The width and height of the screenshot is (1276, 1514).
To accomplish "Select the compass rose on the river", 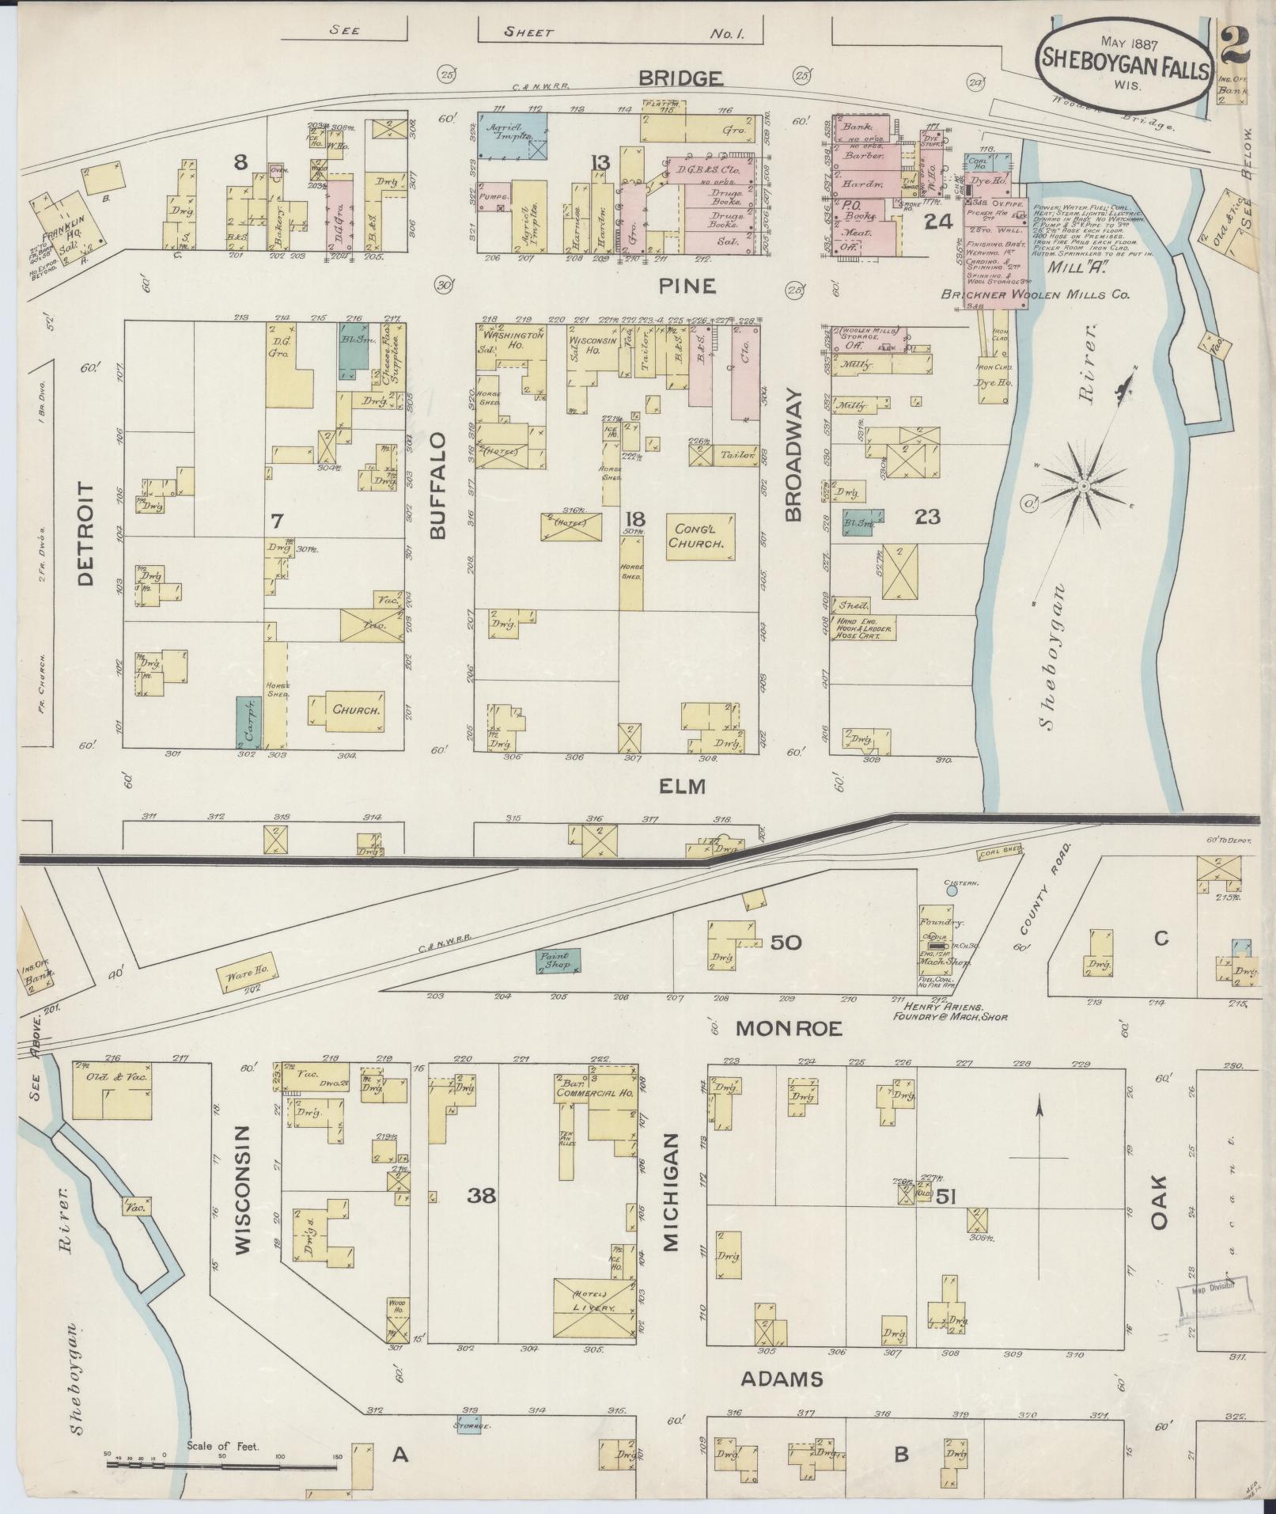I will point(1085,484).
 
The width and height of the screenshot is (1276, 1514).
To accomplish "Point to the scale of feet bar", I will point(222,1465).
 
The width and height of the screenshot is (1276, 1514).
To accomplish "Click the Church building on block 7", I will point(356,710).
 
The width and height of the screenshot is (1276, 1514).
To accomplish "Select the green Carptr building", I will point(248,721).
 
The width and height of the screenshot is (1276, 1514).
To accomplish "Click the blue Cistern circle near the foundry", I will point(951,890).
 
